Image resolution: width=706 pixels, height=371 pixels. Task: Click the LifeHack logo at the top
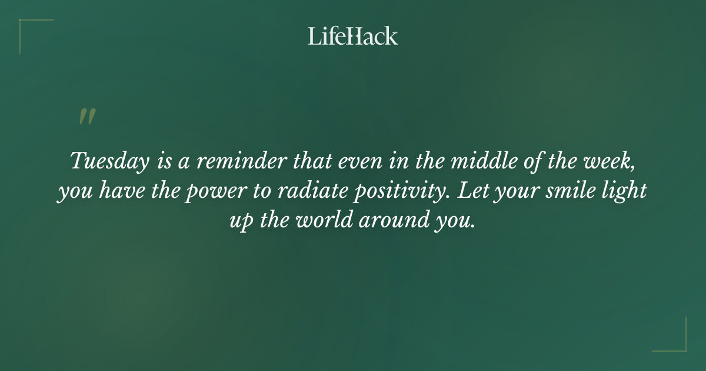[353, 36]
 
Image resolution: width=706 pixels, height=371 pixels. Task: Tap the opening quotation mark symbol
[86, 117]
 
